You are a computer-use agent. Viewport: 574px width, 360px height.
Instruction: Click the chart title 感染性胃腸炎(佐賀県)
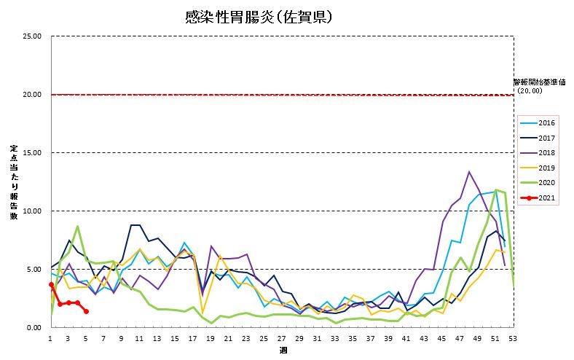[260, 16]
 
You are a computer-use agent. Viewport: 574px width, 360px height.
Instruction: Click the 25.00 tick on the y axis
[32, 36]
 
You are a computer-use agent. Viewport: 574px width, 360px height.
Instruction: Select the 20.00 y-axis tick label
[32, 95]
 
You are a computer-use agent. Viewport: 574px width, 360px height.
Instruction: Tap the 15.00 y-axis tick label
[32, 153]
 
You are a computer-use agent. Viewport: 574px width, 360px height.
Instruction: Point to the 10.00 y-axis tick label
[32, 211]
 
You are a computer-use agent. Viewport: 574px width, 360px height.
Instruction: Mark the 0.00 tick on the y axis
[34, 328]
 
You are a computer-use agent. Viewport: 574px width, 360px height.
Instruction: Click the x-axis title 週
[282, 351]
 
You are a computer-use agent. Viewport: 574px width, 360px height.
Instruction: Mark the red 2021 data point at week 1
[51, 284]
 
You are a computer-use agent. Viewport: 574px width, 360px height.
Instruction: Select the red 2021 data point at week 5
[86, 311]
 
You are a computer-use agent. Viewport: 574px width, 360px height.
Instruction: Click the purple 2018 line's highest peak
[469, 172]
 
